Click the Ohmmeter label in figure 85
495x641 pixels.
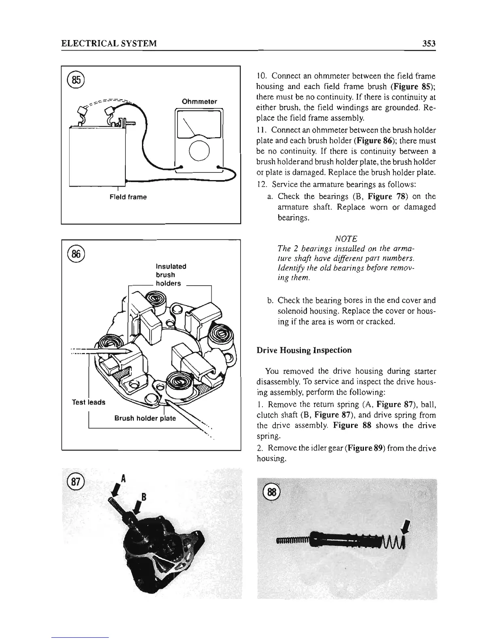click(x=199, y=102)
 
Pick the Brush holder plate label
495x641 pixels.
click(x=145, y=418)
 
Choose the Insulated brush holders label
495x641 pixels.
click(x=171, y=275)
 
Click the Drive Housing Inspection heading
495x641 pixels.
click(x=304, y=350)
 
